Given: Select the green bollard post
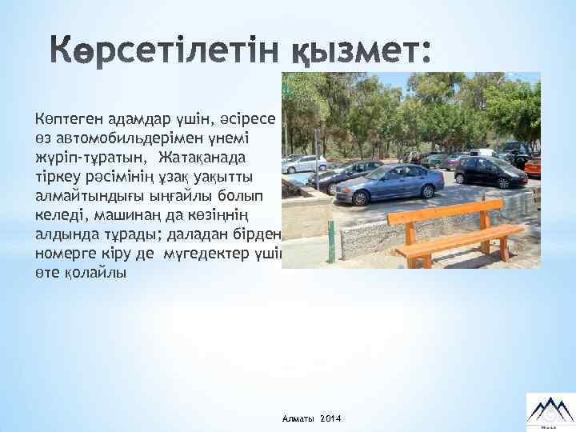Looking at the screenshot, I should point(330,241).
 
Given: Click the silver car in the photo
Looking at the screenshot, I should point(304,164).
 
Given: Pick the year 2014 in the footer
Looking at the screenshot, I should point(330,420).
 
